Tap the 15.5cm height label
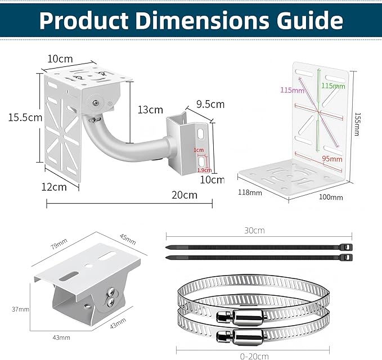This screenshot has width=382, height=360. [25, 118]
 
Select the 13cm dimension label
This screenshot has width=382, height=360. [150, 110]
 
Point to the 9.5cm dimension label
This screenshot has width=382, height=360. [210, 104]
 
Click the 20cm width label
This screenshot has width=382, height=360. [185, 195]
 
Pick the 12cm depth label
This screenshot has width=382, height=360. [54, 187]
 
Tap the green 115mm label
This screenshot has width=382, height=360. [333, 86]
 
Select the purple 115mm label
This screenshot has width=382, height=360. [292, 90]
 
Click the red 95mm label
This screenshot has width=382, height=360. [332, 159]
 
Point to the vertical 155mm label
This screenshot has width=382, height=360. [357, 124]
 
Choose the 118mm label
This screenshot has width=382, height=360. [250, 193]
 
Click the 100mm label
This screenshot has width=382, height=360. [331, 197]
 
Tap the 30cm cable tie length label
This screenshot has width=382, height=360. [254, 231]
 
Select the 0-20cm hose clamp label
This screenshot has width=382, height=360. [254, 357]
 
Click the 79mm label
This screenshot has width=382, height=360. [59, 244]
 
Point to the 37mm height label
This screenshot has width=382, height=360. [20, 309]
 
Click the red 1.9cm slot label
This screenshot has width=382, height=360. [204, 170]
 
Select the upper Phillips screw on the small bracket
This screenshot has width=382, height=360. [111, 291]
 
